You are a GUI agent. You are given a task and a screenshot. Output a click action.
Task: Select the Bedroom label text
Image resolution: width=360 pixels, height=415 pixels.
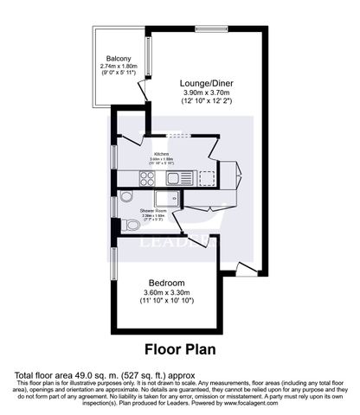(165, 283)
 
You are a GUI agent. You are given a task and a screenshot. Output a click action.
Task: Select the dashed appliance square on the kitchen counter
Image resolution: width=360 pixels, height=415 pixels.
(207, 177)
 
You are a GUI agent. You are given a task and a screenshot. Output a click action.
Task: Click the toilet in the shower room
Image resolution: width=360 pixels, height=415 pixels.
(130, 225)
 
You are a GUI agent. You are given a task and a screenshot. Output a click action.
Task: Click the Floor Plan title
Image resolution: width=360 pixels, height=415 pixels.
(179, 351)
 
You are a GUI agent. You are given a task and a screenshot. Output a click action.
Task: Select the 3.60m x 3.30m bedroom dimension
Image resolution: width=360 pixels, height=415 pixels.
(165, 294)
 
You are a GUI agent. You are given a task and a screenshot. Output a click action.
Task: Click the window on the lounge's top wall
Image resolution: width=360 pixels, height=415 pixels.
(209, 29)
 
